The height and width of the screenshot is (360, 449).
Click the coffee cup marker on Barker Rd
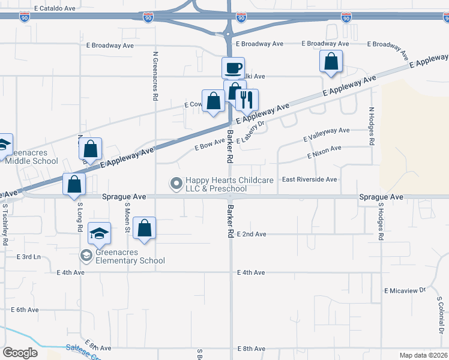[x=233, y=68]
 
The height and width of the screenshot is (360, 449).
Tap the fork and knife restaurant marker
[x=246, y=100]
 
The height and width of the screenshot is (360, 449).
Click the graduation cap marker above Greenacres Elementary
[x=100, y=233]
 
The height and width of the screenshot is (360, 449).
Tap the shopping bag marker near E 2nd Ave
[x=144, y=228]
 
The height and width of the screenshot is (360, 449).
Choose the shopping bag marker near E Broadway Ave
[x=331, y=61]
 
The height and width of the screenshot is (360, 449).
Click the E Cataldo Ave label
[x=55, y=9]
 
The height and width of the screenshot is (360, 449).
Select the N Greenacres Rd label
[x=155, y=75]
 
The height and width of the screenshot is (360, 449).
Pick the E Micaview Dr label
[x=405, y=290]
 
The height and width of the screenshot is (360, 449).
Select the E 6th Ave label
[x=25, y=310]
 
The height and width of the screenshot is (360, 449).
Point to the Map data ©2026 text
[x=423, y=355]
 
